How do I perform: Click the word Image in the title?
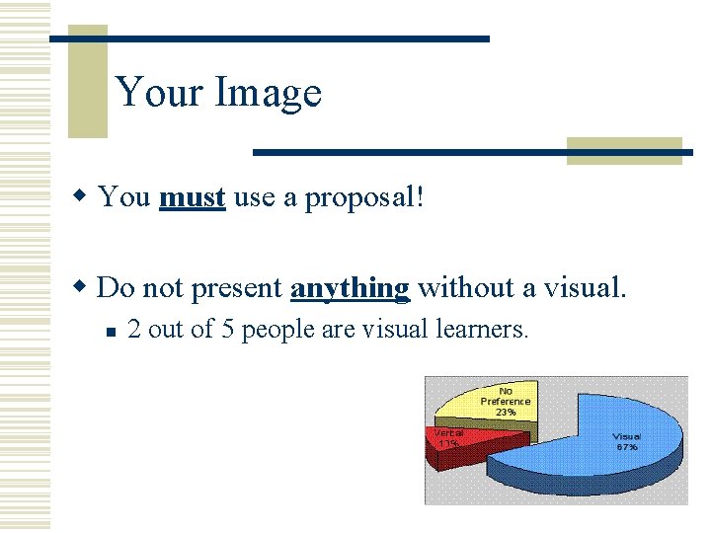point(268,94)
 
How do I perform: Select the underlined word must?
point(192,197)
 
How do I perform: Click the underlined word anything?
point(350,288)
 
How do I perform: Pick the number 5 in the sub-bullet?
point(227,330)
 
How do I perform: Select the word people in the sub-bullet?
point(277,331)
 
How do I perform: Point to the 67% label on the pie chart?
point(627,447)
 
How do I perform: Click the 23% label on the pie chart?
point(506,412)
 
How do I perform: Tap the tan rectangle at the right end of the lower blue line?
point(624,150)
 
